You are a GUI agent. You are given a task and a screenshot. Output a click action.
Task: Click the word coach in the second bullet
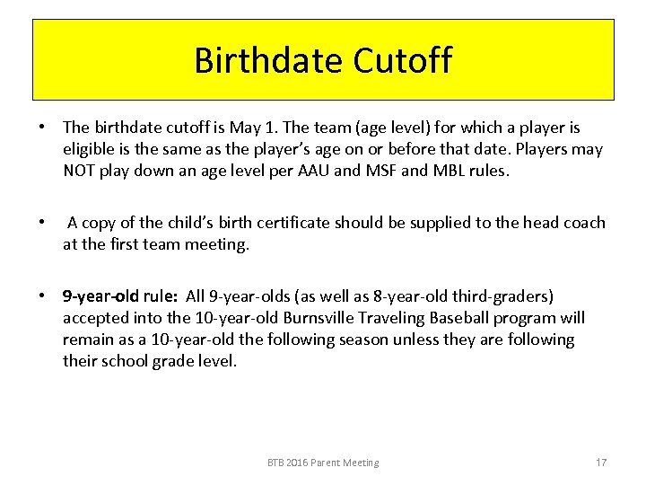[583, 223]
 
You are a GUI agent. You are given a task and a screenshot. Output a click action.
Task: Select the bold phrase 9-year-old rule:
[120, 296]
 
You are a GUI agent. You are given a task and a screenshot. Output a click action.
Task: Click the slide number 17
[601, 463]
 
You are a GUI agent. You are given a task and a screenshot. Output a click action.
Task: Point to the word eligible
[91, 149]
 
